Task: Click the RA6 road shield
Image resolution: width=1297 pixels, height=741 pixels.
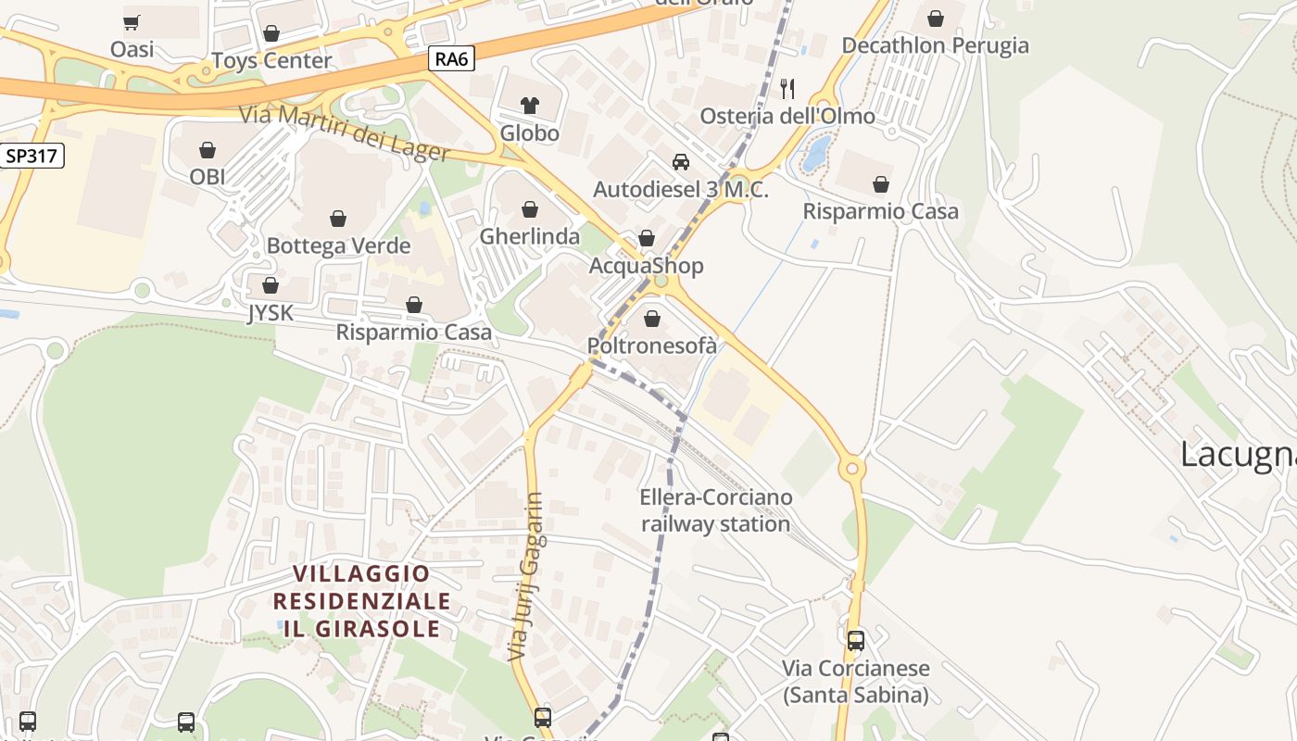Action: coord(452,59)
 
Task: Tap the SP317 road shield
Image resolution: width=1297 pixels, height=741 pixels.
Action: coord(31,156)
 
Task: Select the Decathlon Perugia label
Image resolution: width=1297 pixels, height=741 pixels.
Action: coord(935,44)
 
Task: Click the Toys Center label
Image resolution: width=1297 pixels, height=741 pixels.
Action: coord(271,60)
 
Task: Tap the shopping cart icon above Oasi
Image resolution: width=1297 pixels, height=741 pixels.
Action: coord(132,22)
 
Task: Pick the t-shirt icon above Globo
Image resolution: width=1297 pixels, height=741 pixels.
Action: coord(530,105)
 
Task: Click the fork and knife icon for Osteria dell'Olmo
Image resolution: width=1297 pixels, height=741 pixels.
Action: coord(787,89)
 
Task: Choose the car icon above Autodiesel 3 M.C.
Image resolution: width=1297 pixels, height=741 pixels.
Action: coord(681,162)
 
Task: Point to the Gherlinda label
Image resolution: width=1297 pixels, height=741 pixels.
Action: coord(529,236)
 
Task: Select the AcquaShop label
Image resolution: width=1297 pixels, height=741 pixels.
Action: coord(647,266)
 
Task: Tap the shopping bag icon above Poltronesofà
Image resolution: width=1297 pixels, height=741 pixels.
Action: coord(652,320)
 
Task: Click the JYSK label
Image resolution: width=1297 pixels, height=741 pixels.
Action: coord(270,313)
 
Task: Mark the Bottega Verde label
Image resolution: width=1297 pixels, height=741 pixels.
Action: coord(338,245)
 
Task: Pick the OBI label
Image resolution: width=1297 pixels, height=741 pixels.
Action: coord(208,176)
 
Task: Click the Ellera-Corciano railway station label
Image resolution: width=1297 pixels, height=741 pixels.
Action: coord(716,510)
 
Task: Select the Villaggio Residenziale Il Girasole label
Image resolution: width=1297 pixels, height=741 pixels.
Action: coord(361,600)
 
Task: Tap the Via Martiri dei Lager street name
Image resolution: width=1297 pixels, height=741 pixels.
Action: coord(345,133)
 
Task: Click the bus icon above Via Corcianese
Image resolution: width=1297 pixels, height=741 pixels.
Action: coord(855,640)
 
